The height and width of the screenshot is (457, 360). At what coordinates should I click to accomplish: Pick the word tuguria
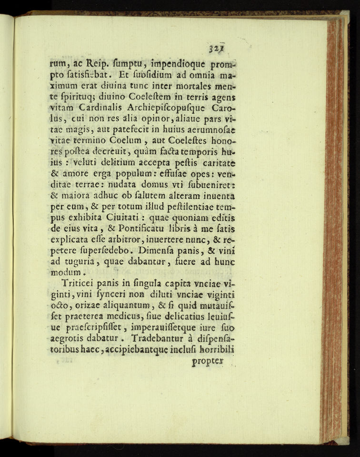coord(78,262)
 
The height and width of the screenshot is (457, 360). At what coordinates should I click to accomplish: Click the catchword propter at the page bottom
coord(207,362)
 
